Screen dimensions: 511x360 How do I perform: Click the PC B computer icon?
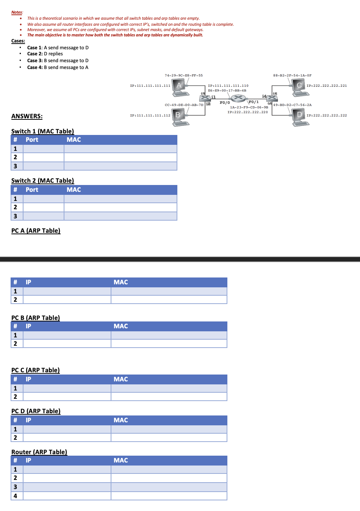[x=180, y=117]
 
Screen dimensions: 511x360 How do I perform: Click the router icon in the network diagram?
[x=238, y=98]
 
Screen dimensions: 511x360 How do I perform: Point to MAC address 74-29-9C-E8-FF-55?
[x=183, y=75]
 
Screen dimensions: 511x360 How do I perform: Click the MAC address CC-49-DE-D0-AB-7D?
[x=184, y=105]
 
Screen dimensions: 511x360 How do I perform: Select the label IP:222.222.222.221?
[x=326, y=86]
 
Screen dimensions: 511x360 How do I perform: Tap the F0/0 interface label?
[x=225, y=103]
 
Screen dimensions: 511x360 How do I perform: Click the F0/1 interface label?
[x=254, y=102]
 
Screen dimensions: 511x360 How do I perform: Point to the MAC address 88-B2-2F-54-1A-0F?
[x=292, y=75]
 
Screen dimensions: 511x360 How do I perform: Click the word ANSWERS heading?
[x=27, y=116]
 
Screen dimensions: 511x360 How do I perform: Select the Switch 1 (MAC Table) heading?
[x=42, y=131]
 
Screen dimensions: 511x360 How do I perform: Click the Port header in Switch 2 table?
[x=32, y=190]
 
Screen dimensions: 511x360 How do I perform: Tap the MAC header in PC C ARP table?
[x=121, y=379]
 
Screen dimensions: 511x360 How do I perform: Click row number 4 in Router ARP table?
[x=16, y=496]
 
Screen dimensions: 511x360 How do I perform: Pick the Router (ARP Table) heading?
[x=39, y=452]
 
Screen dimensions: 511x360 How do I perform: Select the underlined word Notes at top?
[x=17, y=13]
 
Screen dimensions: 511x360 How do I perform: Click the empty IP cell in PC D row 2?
[x=67, y=437]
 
